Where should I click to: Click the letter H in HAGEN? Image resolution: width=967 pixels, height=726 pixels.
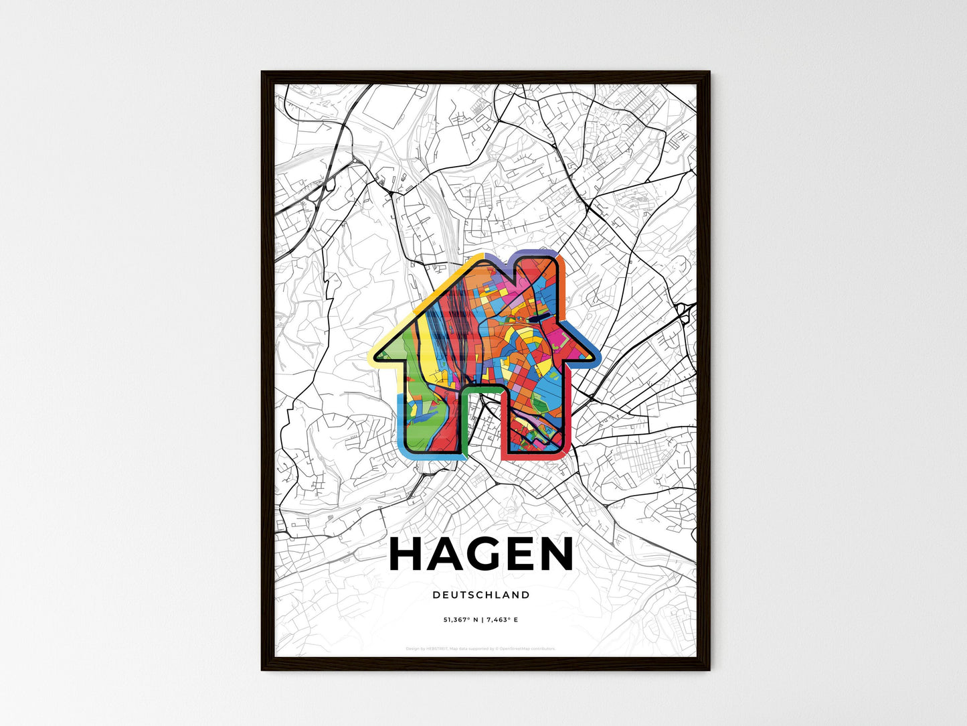tap(406, 555)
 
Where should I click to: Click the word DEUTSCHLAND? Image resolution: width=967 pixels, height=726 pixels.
tap(481, 595)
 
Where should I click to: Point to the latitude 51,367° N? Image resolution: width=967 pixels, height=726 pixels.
tap(460, 620)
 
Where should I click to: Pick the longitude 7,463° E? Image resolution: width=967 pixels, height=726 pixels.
tap(502, 620)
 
